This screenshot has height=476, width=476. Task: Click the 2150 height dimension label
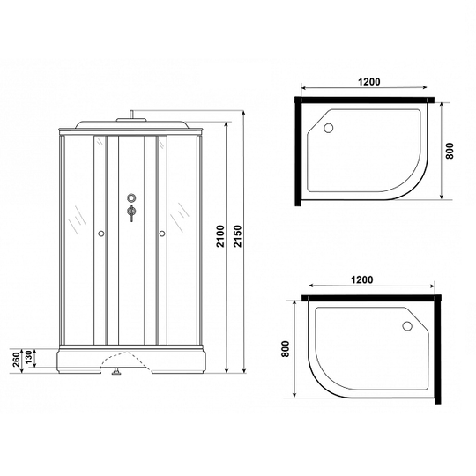click(x=238, y=236)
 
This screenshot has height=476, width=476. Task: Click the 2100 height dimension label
click(x=220, y=236)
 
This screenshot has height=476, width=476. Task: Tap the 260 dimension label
click(x=16, y=360)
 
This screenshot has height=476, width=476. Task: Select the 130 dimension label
click(x=28, y=358)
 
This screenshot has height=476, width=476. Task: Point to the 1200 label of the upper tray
click(x=368, y=82)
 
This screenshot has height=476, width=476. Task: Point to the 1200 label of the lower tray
click(x=362, y=279)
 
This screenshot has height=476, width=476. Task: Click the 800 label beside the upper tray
click(x=450, y=151)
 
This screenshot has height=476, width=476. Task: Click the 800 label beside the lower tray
click(x=286, y=349)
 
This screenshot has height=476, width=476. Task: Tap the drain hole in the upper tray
click(x=328, y=128)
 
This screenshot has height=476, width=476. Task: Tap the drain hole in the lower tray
click(x=407, y=326)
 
